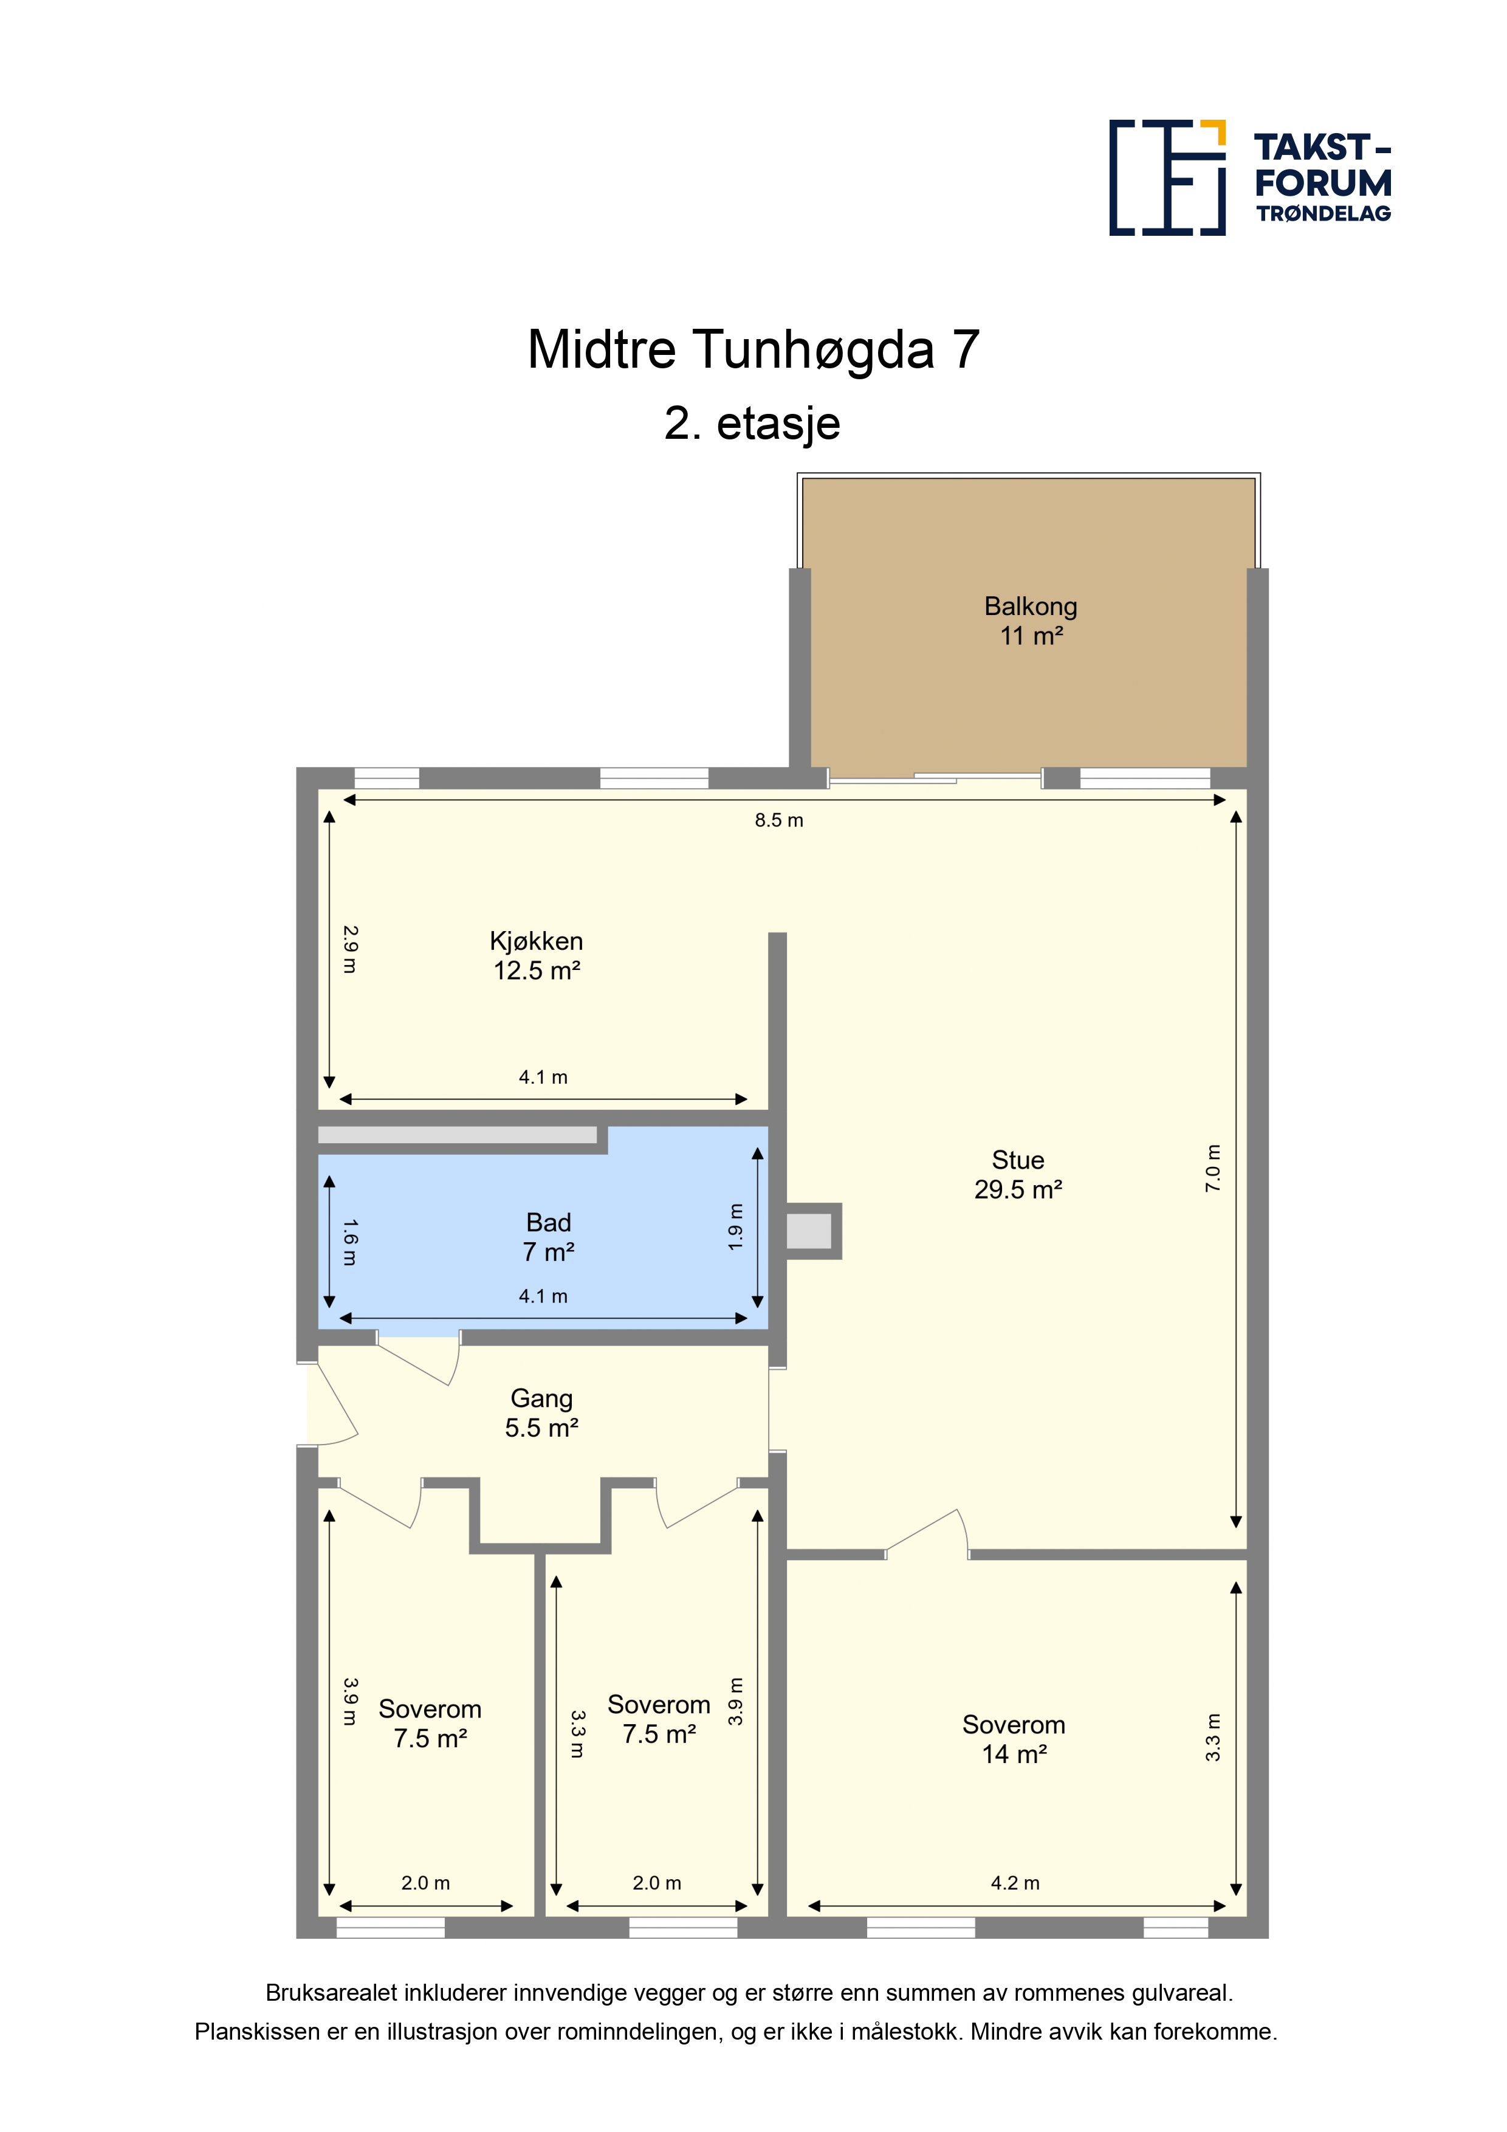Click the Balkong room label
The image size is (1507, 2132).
pyautogui.click(x=1031, y=621)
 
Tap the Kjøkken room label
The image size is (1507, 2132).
pyautogui.click(x=537, y=955)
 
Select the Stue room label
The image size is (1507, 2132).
pyautogui.click(x=1018, y=1175)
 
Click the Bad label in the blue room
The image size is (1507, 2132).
pyautogui.click(x=549, y=1237)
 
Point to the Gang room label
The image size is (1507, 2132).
pyautogui.click(x=541, y=1412)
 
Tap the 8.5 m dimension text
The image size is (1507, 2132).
pyautogui.click(x=779, y=820)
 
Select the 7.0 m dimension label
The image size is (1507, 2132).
pyautogui.click(x=1213, y=1168)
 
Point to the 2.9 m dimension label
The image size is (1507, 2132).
pyautogui.click(x=350, y=949)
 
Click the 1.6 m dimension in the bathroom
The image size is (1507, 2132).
pyautogui.click(x=350, y=1242)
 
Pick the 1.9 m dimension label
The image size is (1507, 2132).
pyautogui.click(x=735, y=1226)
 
